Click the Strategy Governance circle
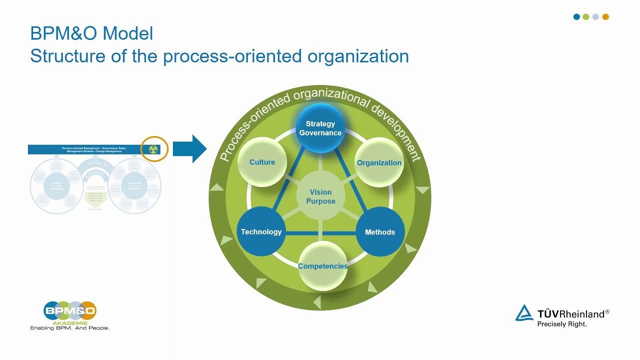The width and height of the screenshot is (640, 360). (320, 128)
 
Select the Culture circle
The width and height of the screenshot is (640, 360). (262, 162)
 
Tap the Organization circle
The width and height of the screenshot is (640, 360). (379, 162)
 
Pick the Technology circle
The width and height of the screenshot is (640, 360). (261, 231)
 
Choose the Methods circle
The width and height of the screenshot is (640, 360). (380, 232)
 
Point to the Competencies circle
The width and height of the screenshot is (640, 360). (322, 266)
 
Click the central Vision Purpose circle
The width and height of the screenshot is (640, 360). (320, 196)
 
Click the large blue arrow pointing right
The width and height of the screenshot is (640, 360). (189, 149)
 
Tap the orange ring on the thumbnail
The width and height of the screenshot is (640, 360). (154, 149)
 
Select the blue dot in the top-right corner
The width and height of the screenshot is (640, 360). (576, 17)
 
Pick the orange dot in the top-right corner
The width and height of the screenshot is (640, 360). (605, 17)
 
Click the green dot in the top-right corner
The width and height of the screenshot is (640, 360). (586, 17)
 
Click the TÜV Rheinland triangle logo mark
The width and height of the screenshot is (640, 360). (524, 313)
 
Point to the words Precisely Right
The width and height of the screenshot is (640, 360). (561, 324)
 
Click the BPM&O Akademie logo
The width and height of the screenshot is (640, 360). (69, 312)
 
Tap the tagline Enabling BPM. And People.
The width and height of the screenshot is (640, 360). (70, 328)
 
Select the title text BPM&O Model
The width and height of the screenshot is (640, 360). (91, 33)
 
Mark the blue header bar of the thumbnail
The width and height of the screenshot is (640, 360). (85, 149)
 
